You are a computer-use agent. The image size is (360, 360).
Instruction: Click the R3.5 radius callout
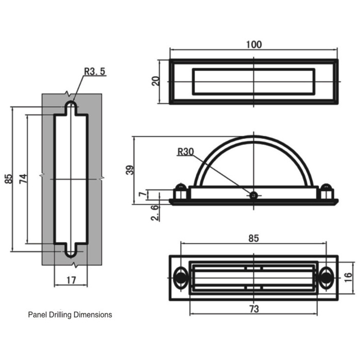94,72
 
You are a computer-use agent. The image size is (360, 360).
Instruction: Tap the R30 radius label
185,152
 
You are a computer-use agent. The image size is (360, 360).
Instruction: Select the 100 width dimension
254,45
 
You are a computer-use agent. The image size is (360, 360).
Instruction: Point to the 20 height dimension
156,81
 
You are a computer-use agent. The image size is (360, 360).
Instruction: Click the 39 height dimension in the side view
130,170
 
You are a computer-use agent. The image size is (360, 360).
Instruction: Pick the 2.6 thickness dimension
155,213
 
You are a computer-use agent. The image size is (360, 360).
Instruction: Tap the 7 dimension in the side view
143,194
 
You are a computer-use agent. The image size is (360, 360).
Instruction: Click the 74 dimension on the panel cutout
23,179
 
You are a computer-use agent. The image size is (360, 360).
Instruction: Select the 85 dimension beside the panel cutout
8,179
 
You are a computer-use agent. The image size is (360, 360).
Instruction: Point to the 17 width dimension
71,280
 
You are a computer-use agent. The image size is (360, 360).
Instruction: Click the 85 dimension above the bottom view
253,238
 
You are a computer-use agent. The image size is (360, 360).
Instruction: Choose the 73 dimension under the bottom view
254,309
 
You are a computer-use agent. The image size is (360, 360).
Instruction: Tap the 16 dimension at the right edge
348,277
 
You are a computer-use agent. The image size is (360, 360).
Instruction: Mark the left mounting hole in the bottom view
181,278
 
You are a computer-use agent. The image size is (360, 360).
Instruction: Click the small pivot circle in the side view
253,195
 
